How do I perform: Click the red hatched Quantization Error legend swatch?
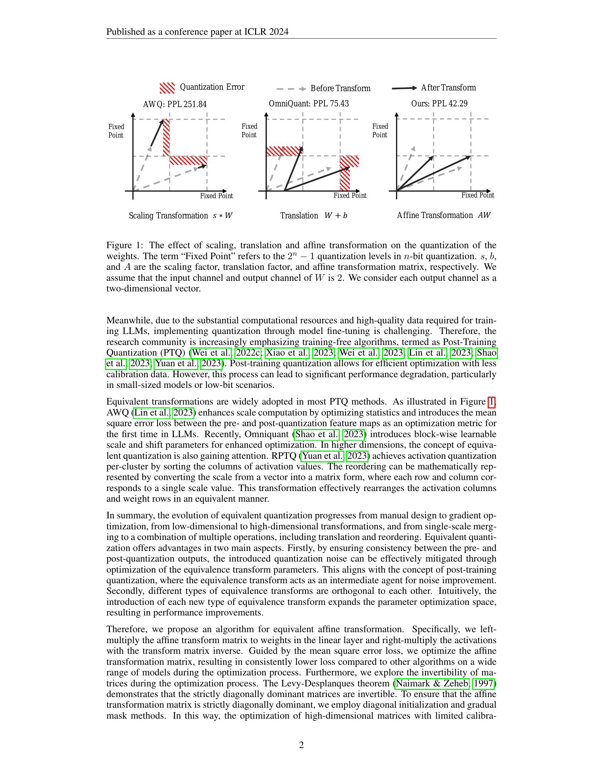pyautogui.click(x=167, y=88)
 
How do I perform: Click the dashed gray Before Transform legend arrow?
pyautogui.click(x=291, y=89)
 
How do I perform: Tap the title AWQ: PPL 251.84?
pyautogui.click(x=175, y=104)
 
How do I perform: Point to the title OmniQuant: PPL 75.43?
pyautogui.click(x=309, y=104)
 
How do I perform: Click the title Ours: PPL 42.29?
pyautogui.click(x=439, y=104)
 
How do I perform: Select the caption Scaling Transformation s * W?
pyautogui.click(x=181, y=216)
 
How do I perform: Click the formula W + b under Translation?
pyautogui.click(x=336, y=216)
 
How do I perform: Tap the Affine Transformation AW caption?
pyautogui.click(x=443, y=215)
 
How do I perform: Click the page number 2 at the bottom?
pyautogui.click(x=301, y=745)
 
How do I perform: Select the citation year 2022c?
pyautogui.click(x=248, y=353)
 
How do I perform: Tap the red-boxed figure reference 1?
pyautogui.click(x=491, y=402)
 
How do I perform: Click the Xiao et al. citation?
pyautogui.click(x=287, y=353)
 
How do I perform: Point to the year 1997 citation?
pyautogui.click(x=483, y=684)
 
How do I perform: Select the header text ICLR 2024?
pyautogui.click(x=266, y=32)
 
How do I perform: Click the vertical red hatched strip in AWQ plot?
pyautogui.click(x=166, y=138)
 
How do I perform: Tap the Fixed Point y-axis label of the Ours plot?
pyautogui.click(x=380, y=131)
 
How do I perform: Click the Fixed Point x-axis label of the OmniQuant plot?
pyautogui.click(x=350, y=196)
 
